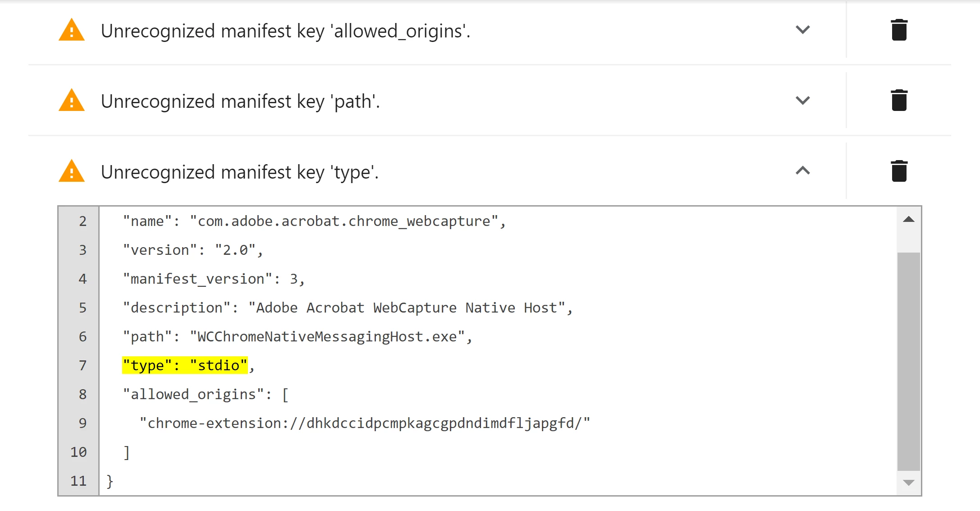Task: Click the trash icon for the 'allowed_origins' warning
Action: pyautogui.click(x=899, y=30)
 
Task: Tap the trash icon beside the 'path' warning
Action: pyautogui.click(x=899, y=100)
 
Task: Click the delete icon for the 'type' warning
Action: pyautogui.click(x=899, y=171)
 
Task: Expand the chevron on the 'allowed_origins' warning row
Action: pyautogui.click(x=803, y=30)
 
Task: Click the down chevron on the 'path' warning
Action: pyautogui.click(x=803, y=100)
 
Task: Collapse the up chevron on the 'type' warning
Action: pyautogui.click(x=803, y=170)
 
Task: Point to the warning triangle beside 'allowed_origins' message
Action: pyautogui.click(x=72, y=30)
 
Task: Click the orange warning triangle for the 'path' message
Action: pyautogui.click(x=72, y=100)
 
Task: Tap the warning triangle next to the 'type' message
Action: pyautogui.click(x=72, y=171)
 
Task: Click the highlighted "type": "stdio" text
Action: pyautogui.click(x=185, y=365)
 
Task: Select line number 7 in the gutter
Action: pyautogui.click(x=82, y=365)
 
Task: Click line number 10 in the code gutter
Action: pyautogui.click(x=78, y=452)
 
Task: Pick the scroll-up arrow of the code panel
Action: pyautogui.click(x=909, y=220)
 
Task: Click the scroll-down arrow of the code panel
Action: pyautogui.click(x=909, y=483)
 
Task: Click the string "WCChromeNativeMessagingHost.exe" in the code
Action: pyautogui.click(x=327, y=336)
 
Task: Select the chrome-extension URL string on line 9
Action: pyautogui.click(x=365, y=423)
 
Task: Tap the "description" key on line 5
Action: pyautogui.click(x=177, y=308)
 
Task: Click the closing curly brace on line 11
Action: pyautogui.click(x=110, y=481)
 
